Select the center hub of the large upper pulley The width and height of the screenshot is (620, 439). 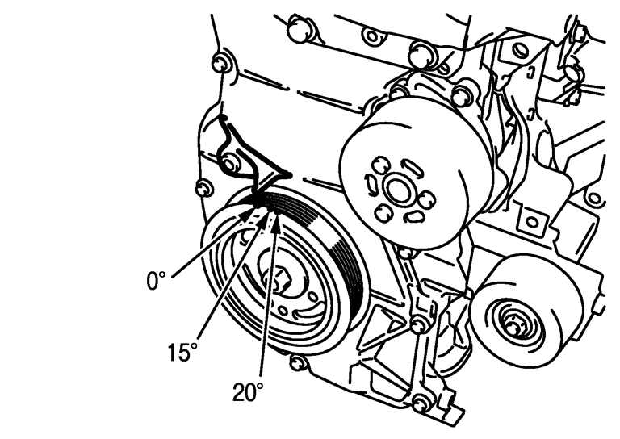point(397,190)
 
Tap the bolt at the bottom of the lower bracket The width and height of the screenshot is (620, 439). point(421,402)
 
